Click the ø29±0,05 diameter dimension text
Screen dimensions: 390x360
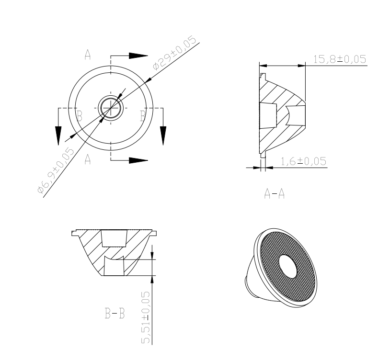(174, 53)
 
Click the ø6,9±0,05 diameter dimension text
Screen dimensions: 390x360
(56, 170)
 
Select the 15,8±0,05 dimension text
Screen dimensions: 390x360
(340, 59)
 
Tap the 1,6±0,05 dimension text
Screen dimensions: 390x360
(303, 161)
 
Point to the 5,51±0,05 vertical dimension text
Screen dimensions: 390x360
(146, 317)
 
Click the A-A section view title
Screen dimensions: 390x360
(274, 193)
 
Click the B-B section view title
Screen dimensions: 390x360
(115, 313)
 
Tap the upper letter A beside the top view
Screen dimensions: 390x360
(88, 55)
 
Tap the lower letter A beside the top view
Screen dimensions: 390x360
(88, 159)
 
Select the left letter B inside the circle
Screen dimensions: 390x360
(80, 116)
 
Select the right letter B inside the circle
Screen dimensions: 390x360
(143, 116)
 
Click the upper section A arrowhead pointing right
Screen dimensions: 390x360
(138, 56)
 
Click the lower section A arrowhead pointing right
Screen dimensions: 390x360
(138, 160)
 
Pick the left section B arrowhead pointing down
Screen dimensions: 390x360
(58, 136)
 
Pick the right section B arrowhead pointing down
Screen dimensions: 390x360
(163, 136)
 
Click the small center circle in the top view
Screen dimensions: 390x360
(111, 108)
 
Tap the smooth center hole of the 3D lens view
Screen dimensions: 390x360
(288, 266)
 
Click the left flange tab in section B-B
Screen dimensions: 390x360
(74, 233)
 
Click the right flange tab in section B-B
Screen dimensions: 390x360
(154, 233)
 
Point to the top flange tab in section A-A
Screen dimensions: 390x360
(263, 76)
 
